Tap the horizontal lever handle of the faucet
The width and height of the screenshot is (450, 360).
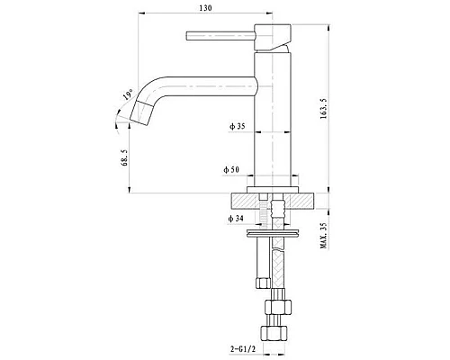click(220, 36)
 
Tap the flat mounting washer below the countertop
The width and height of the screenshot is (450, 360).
click(272, 235)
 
